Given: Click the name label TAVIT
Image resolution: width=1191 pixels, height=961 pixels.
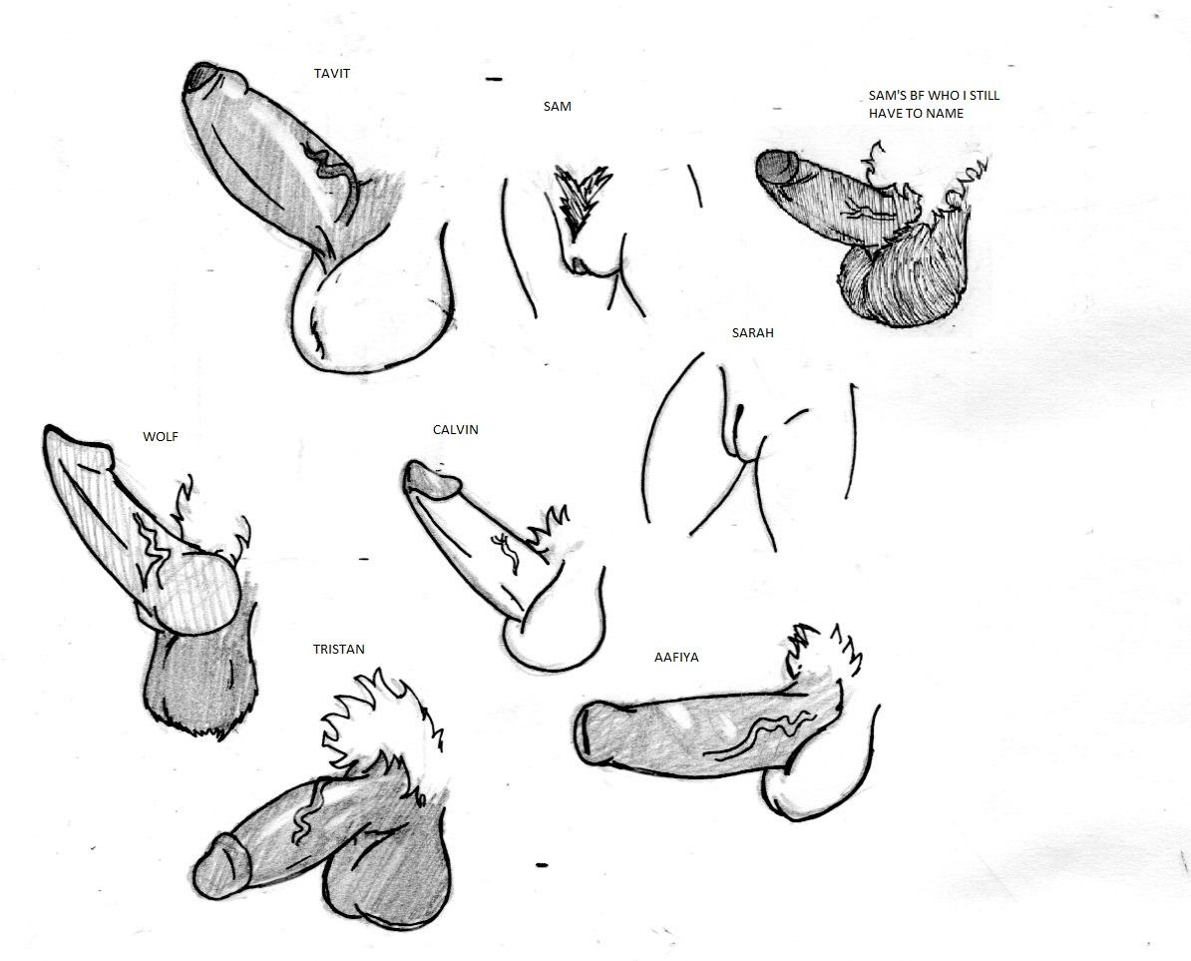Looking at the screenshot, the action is click(332, 74).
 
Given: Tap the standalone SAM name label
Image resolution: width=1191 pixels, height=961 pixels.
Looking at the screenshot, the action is click(557, 107).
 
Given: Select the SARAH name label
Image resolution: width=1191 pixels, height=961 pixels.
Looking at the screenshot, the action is click(753, 332).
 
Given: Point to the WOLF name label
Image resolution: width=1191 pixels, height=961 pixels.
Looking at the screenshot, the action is click(161, 437).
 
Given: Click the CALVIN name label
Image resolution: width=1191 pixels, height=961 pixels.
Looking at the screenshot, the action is click(456, 429).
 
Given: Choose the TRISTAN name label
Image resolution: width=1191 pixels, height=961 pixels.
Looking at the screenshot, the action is click(339, 649).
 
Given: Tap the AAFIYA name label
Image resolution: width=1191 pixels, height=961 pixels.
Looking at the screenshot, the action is click(676, 657).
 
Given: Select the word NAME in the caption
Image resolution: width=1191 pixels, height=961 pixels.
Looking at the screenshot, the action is click(946, 113).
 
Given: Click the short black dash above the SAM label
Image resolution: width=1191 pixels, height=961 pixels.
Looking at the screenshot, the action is click(494, 78).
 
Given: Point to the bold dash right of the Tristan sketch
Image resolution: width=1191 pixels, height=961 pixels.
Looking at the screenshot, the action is click(542, 864).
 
